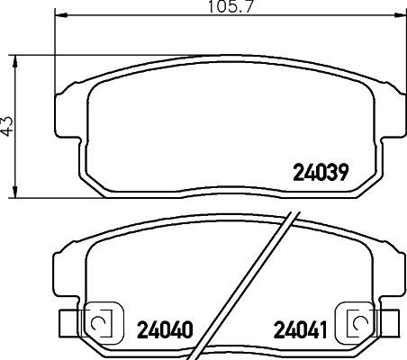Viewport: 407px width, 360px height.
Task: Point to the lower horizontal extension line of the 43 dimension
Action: tap(36, 197)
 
